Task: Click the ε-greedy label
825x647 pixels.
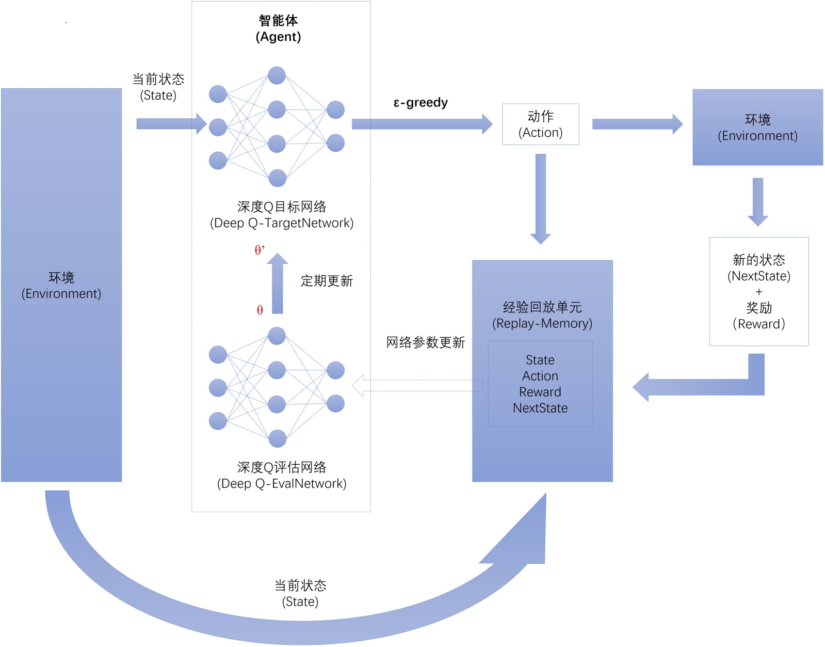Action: [x=420, y=103]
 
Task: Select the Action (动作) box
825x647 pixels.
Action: [x=541, y=124]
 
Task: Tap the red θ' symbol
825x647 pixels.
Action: [x=260, y=249]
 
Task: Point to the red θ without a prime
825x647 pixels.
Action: [x=260, y=310]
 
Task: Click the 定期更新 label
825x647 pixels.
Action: [x=327, y=281]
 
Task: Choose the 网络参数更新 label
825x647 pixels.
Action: [x=426, y=342]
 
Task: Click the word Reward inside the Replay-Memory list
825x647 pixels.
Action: [x=540, y=392]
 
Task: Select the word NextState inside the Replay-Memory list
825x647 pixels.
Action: [x=540, y=407]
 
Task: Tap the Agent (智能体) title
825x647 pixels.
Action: [x=278, y=28]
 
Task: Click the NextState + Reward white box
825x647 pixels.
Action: [x=759, y=291]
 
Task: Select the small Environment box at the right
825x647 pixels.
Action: [x=758, y=127]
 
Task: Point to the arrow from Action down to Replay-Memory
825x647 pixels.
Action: [x=541, y=199]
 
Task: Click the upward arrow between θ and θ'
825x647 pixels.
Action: [x=278, y=283]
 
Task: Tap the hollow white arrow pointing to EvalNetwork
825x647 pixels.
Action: [x=417, y=385]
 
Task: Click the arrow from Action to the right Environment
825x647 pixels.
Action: [x=637, y=124]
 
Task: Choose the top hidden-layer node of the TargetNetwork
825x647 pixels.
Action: [x=277, y=75]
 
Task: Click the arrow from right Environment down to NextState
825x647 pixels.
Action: [x=758, y=202]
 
